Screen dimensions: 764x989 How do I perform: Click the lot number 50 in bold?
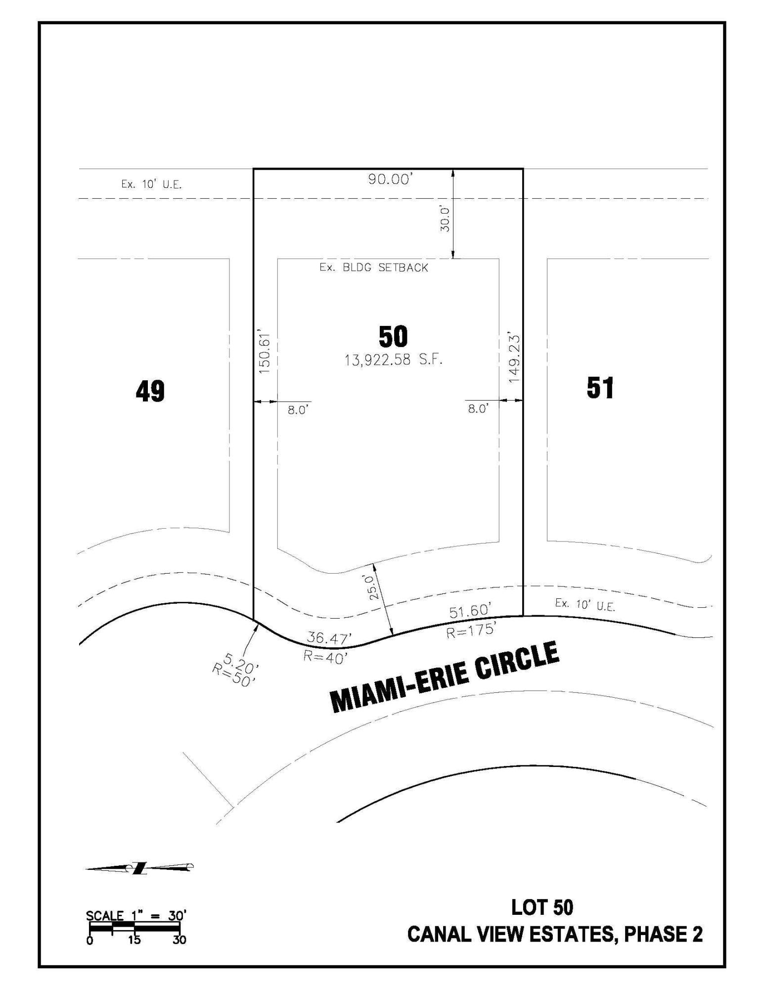tap(393, 337)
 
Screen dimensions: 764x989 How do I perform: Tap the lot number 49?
tap(150, 392)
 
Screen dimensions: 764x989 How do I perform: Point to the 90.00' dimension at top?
tap(390, 180)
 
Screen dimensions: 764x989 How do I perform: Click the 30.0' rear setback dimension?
tap(445, 219)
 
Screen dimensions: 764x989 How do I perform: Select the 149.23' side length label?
tap(515, 359)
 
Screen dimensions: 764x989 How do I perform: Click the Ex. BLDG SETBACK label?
tap(374, 268)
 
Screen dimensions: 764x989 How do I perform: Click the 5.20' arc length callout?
tap(241, 662)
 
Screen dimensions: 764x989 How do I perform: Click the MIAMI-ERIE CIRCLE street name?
tap(445, 677)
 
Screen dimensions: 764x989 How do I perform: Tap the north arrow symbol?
tap(139, 867)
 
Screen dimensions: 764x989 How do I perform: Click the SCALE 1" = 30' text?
tap(136, 915)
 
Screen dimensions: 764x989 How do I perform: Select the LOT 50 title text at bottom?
tap(542, 907)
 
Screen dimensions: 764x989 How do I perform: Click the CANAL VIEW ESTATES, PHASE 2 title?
tap(555, 935)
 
